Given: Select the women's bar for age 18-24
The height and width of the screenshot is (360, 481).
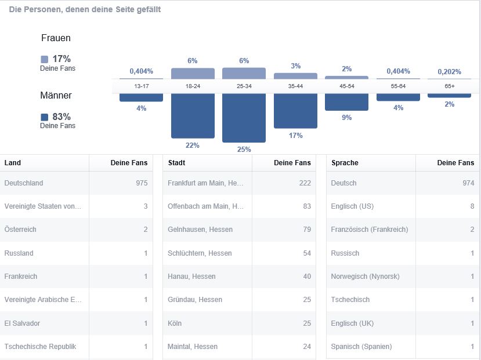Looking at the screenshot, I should (x=193, y=73).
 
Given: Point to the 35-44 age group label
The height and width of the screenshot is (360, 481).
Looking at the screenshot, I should (x=295, y=86).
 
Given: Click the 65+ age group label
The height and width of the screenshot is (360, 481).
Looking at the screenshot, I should (x=449, y=86).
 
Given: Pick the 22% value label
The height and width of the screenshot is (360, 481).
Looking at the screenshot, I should (x=193, y=145).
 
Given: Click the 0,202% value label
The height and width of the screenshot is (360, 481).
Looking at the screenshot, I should (x=449, y=72).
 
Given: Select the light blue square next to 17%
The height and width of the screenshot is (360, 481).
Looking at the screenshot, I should (x=45, y=59).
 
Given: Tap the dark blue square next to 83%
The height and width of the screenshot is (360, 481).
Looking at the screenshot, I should (x=45, y=117).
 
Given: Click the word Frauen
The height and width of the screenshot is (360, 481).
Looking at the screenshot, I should (x=56, y=38).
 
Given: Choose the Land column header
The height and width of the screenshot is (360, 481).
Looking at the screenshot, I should (x=13, y=163).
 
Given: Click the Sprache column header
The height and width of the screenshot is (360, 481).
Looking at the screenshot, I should (x=345, y=163).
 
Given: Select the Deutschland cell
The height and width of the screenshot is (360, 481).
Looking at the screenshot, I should (x=24, y=183).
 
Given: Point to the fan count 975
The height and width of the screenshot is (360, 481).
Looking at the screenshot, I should (x=142, y=183).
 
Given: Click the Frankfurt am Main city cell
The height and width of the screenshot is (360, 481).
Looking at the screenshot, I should (x=205, y=183).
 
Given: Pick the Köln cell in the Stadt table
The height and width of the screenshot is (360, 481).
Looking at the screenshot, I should (x=175, y=323).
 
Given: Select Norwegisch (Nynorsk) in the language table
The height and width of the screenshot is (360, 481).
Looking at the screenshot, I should (x=365, y=277).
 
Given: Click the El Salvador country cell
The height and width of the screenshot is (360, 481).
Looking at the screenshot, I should (x=22, y=323).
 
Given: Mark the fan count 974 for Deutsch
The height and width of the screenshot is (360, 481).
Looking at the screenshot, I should (x=468, y=183).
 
